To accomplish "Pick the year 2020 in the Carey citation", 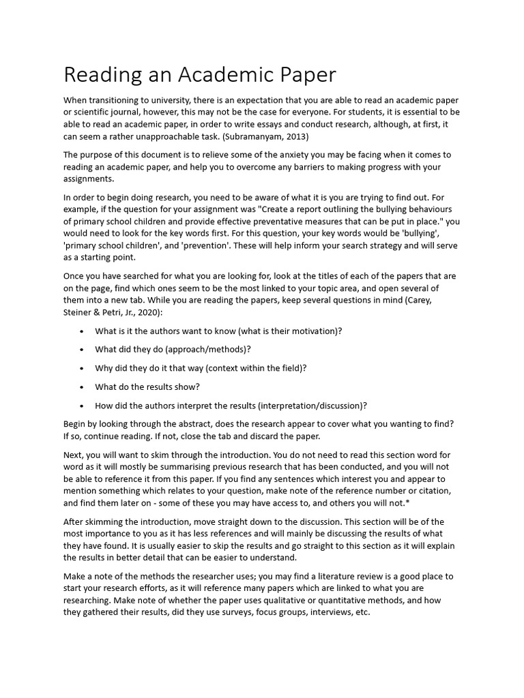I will click(147, 312).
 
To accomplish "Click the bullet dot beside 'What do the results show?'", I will click(82, 387).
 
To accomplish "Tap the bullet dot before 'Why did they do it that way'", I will click(82, 368).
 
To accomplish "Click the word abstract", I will click(198, 424).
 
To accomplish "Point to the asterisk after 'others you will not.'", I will click(408, 503).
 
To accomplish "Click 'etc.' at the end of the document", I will click(362, 612).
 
